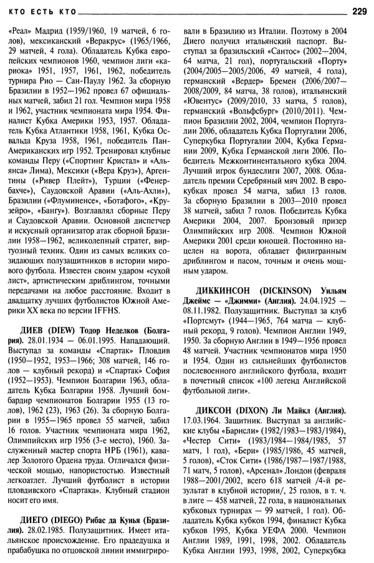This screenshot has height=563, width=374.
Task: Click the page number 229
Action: (360, 10)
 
